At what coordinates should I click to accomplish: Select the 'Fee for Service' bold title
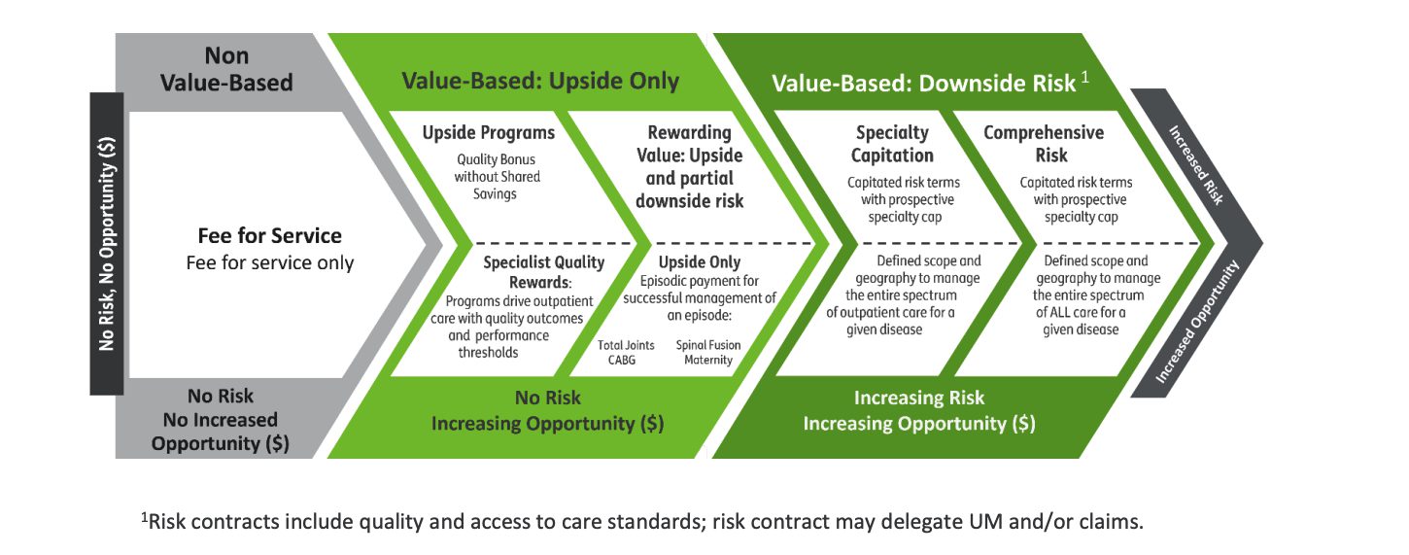pos(270,235)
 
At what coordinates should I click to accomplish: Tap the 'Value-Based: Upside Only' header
pos(540,81)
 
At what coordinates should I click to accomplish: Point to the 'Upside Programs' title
pos(489,132)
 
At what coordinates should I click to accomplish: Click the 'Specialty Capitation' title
pos(892,143)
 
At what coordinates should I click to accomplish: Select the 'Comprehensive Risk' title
pos(1044,143)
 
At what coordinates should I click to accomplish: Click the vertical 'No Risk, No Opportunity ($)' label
pos(107,243)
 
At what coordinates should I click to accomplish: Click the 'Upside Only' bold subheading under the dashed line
pos(700,262)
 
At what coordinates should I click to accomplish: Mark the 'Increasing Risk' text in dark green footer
pos(918,398)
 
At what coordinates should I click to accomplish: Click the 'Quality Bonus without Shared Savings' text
pos(497,177)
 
